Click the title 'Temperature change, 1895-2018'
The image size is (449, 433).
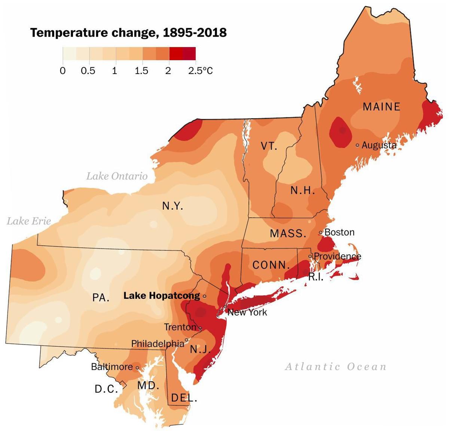pyautogui.click(x=128, y=33)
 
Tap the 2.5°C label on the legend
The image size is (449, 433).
pyautogui.click(x=201, y=71)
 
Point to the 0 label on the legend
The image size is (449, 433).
pyautogui.click(x=62, y=71)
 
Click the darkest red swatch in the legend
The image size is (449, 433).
pyautogui.click(x=189, y=53)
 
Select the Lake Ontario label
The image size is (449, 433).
pyautogui.click(x=117, y=176)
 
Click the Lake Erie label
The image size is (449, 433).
pyautogui.click(x=29, y=221)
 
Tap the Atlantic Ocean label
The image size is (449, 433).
pyautogui.click(x=335, y=366)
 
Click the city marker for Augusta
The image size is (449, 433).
pyautogui.click(x=357, y=145)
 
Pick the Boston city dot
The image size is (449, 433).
pyautogui.click(x=320, y=232)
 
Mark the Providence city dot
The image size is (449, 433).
pyautogui.click(x=310, y=256)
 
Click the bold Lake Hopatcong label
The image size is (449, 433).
pyautogui.click(x=162, y=296)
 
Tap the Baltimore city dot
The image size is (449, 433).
pyautogui.click(x=137, y=368)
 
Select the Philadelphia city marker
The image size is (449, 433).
pyautogui.click(x=187, y=340)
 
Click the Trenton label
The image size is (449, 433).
pyautogui.click(x=180, y=327)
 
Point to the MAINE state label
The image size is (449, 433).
pyautogui.click(x=381, y=107)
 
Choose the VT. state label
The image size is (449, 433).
pyautogui.click(x=269, y=146)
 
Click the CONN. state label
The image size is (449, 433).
pyautogui.click(x=271, y=265)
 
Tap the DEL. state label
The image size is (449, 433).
pyautogui.click(x=184, y=398)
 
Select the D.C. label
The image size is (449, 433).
pyautogui.click(x=106, y=389)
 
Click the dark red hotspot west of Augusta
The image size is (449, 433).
pyautogui.click(x=341, y=131)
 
